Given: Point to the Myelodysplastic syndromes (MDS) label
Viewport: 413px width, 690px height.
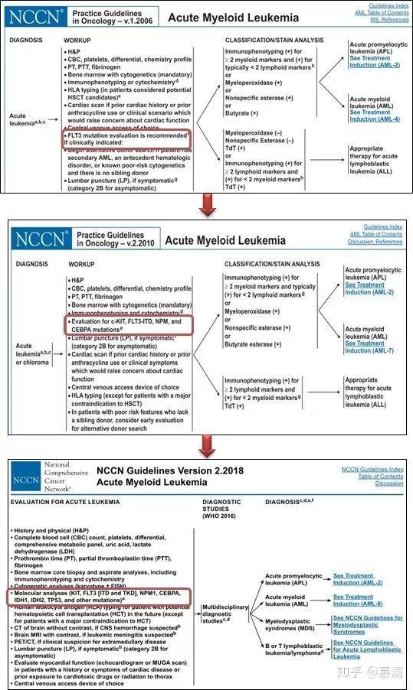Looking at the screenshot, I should [291, 624].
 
